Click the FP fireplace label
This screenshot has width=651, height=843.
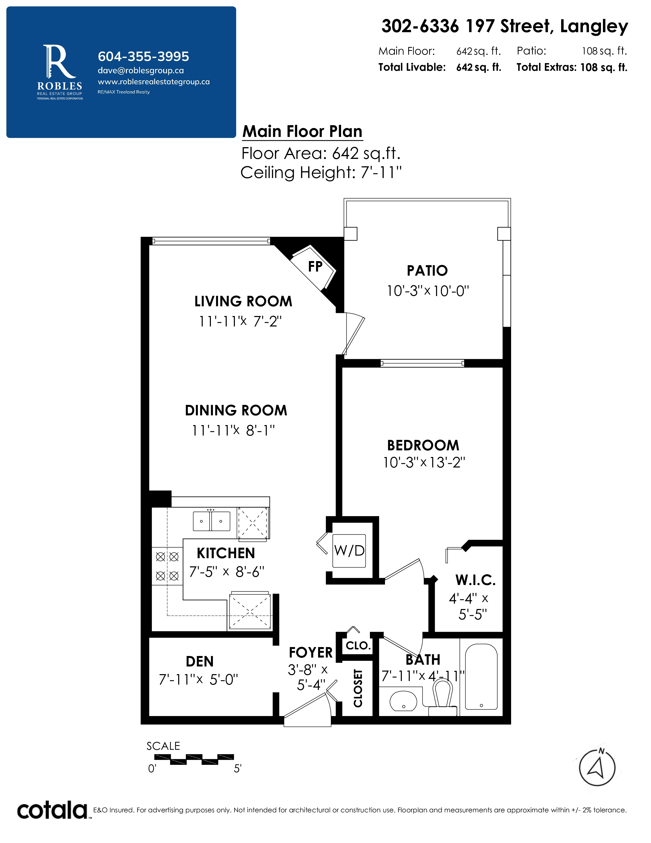315,266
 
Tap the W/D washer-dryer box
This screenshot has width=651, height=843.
349,551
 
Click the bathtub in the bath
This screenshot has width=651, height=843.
481,677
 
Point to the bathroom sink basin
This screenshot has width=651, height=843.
403,700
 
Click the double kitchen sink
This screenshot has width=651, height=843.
211,521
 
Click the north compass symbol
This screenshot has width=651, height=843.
597,768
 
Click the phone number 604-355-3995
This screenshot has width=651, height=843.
143,56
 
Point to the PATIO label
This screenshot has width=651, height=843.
427,271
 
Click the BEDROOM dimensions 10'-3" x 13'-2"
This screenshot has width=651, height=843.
424,462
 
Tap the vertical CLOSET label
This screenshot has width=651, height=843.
358,688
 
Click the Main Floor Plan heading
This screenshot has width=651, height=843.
302,132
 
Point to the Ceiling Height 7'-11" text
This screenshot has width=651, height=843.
321,172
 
